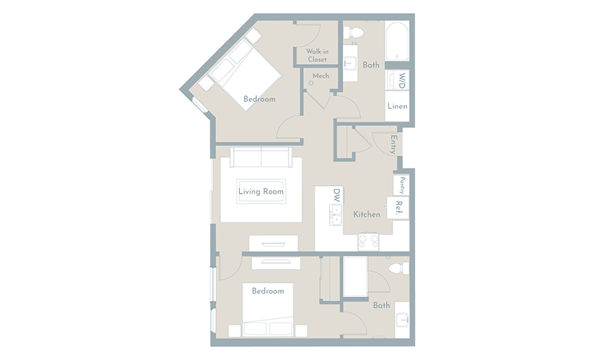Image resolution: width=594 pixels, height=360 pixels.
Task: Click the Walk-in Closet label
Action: pos(317,55)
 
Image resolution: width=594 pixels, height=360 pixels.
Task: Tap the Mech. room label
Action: pos(321,76)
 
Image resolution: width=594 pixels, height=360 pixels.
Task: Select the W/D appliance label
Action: pos(402,81)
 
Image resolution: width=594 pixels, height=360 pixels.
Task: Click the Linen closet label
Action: pos(397,106)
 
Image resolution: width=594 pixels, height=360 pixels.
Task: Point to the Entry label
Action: pos(394,144)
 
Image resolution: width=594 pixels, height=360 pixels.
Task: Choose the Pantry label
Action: pos(402,185)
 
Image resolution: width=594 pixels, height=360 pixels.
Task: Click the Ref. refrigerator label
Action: pos(399,208)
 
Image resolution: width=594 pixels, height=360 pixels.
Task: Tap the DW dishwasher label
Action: pos(337,195)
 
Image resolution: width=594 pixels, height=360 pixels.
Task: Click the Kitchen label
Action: pos(366,215)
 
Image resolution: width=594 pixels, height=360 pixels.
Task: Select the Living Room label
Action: pos(261,192)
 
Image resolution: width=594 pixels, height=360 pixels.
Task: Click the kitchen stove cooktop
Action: pos(368,241)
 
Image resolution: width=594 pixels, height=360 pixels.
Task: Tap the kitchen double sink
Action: pos(336,215)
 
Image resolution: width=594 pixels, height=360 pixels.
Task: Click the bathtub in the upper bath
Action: pos(397,40)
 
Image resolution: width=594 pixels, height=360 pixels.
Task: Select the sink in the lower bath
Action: pos(402,320)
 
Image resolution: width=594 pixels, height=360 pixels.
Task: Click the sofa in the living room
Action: pos(261,157)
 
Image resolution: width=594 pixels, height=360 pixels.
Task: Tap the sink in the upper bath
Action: pos(351,62)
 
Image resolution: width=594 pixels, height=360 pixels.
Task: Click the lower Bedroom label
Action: pos(268,291)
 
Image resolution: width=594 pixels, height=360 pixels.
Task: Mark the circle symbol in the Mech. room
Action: pos(311,83)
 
